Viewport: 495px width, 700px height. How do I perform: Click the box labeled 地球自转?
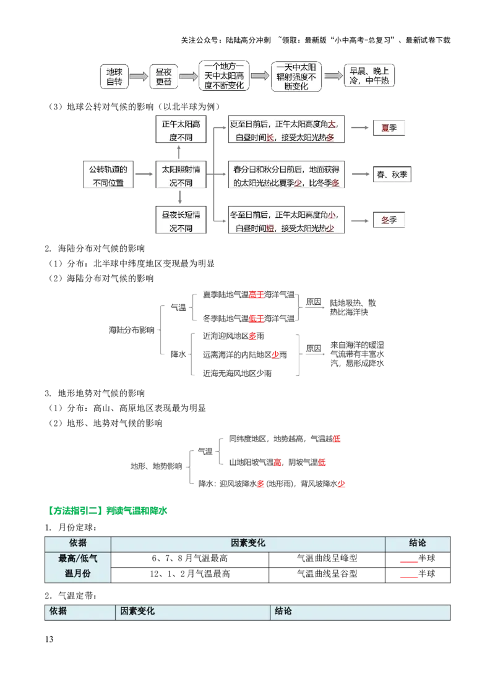tap(114, 76)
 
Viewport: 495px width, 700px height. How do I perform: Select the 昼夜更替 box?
tap(163, 77)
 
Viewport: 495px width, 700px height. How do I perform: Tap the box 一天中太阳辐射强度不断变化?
tap(296, 76)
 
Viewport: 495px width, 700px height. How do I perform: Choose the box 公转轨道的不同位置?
tap(107, 176)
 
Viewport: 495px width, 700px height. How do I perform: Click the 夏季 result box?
tap(389, 128)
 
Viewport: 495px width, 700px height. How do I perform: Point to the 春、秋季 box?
tap(392, 175)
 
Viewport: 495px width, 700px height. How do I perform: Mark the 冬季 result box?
tap(389, 220)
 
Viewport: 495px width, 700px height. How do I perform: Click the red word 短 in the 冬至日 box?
tap(270, 228)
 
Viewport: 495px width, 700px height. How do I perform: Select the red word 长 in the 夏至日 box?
tap(270, 137)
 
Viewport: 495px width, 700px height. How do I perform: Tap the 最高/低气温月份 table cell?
tap(78, 566)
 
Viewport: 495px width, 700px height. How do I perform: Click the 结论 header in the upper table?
tap(418, 543)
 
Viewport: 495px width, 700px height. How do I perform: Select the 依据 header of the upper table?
tap(78, 543)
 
